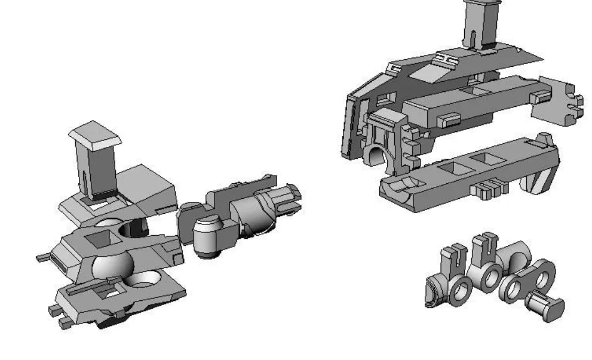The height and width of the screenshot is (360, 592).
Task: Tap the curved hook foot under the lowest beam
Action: [x=543, y=176]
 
